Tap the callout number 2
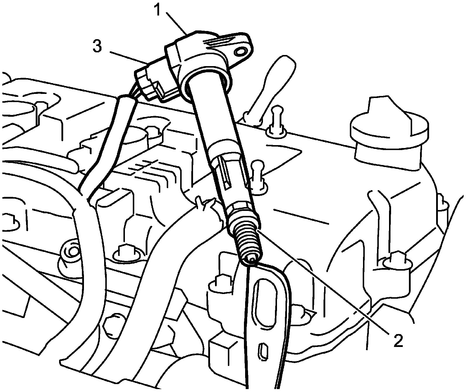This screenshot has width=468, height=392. coord(398,340)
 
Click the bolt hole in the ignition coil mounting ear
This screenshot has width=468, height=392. coord(240,52)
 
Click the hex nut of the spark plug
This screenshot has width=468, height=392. coord(241,211)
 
